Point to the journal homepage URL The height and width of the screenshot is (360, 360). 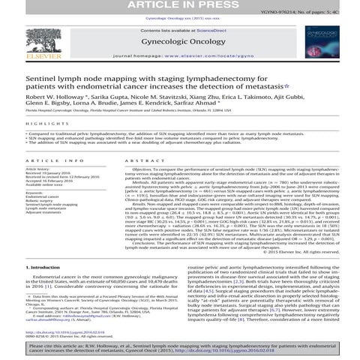tap(225, 56)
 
